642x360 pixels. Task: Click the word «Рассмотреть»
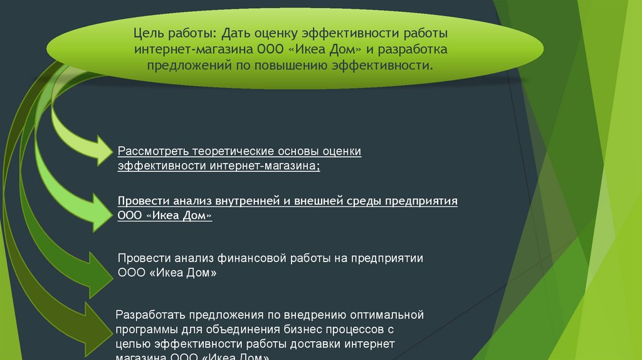(x=153, y=152)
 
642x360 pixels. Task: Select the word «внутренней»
(x=243, y=202)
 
